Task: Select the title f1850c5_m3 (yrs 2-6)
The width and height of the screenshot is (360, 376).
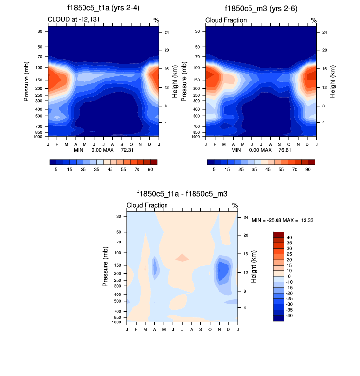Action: pyautogui.click(x=261, y=9)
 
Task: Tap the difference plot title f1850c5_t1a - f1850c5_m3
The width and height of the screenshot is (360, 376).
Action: pyautogui.click(x=182, y=194)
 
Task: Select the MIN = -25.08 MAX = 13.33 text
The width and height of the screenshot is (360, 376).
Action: pyautogui.click(x=282, y=221)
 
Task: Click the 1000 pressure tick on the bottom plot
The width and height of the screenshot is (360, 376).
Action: pyautogui.click(x=116, y=322)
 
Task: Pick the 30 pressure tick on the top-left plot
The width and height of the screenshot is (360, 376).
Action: pyautogui.click(x=39, y=31)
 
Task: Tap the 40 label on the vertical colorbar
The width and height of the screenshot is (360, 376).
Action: pyautogui.click(x=289, y=238)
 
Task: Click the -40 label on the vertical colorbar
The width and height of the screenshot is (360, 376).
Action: pyautogui.click(x=290, y=315)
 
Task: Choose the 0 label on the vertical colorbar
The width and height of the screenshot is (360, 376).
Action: pyautogui.click(x=288, y=276)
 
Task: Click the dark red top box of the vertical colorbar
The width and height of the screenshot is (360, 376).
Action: pyautogui.click(x=278, y=235)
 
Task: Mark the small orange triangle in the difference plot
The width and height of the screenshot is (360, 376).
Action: pyautogui.click(x=182, y=257)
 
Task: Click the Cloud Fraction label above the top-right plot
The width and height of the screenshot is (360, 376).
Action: pyautogui.click(x=222, y=20)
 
